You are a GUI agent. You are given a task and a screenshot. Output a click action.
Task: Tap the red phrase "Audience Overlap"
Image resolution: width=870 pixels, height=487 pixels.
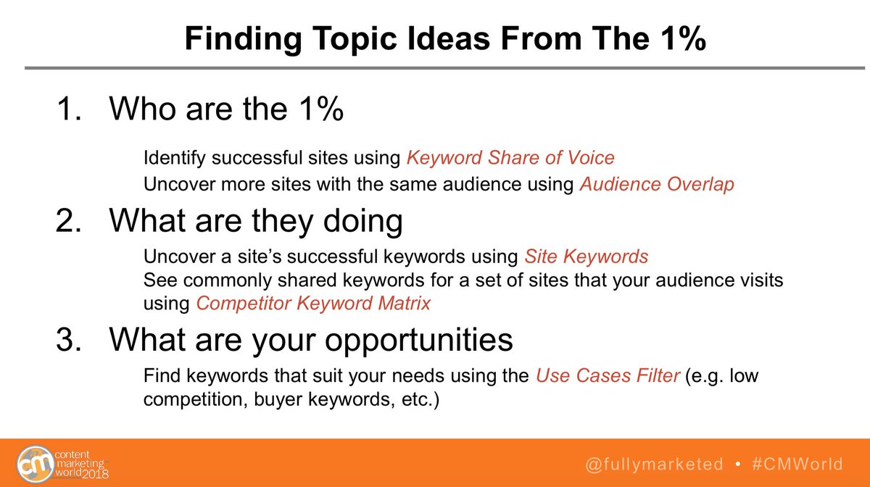click(x=657, y=185)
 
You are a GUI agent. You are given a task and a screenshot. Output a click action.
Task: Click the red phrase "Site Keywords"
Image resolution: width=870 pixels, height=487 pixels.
click(x=586, y=257)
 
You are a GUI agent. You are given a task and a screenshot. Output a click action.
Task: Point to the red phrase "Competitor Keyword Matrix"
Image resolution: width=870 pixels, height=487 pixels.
click(x=313, y=303)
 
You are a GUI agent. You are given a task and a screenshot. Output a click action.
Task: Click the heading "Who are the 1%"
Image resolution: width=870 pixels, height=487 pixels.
click(x=225, y=110)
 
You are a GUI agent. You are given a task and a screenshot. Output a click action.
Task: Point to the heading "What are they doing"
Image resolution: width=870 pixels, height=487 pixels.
click(x=255, y=220)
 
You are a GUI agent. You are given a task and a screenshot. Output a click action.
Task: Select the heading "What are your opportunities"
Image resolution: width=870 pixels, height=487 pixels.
click(x=311, y=339)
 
